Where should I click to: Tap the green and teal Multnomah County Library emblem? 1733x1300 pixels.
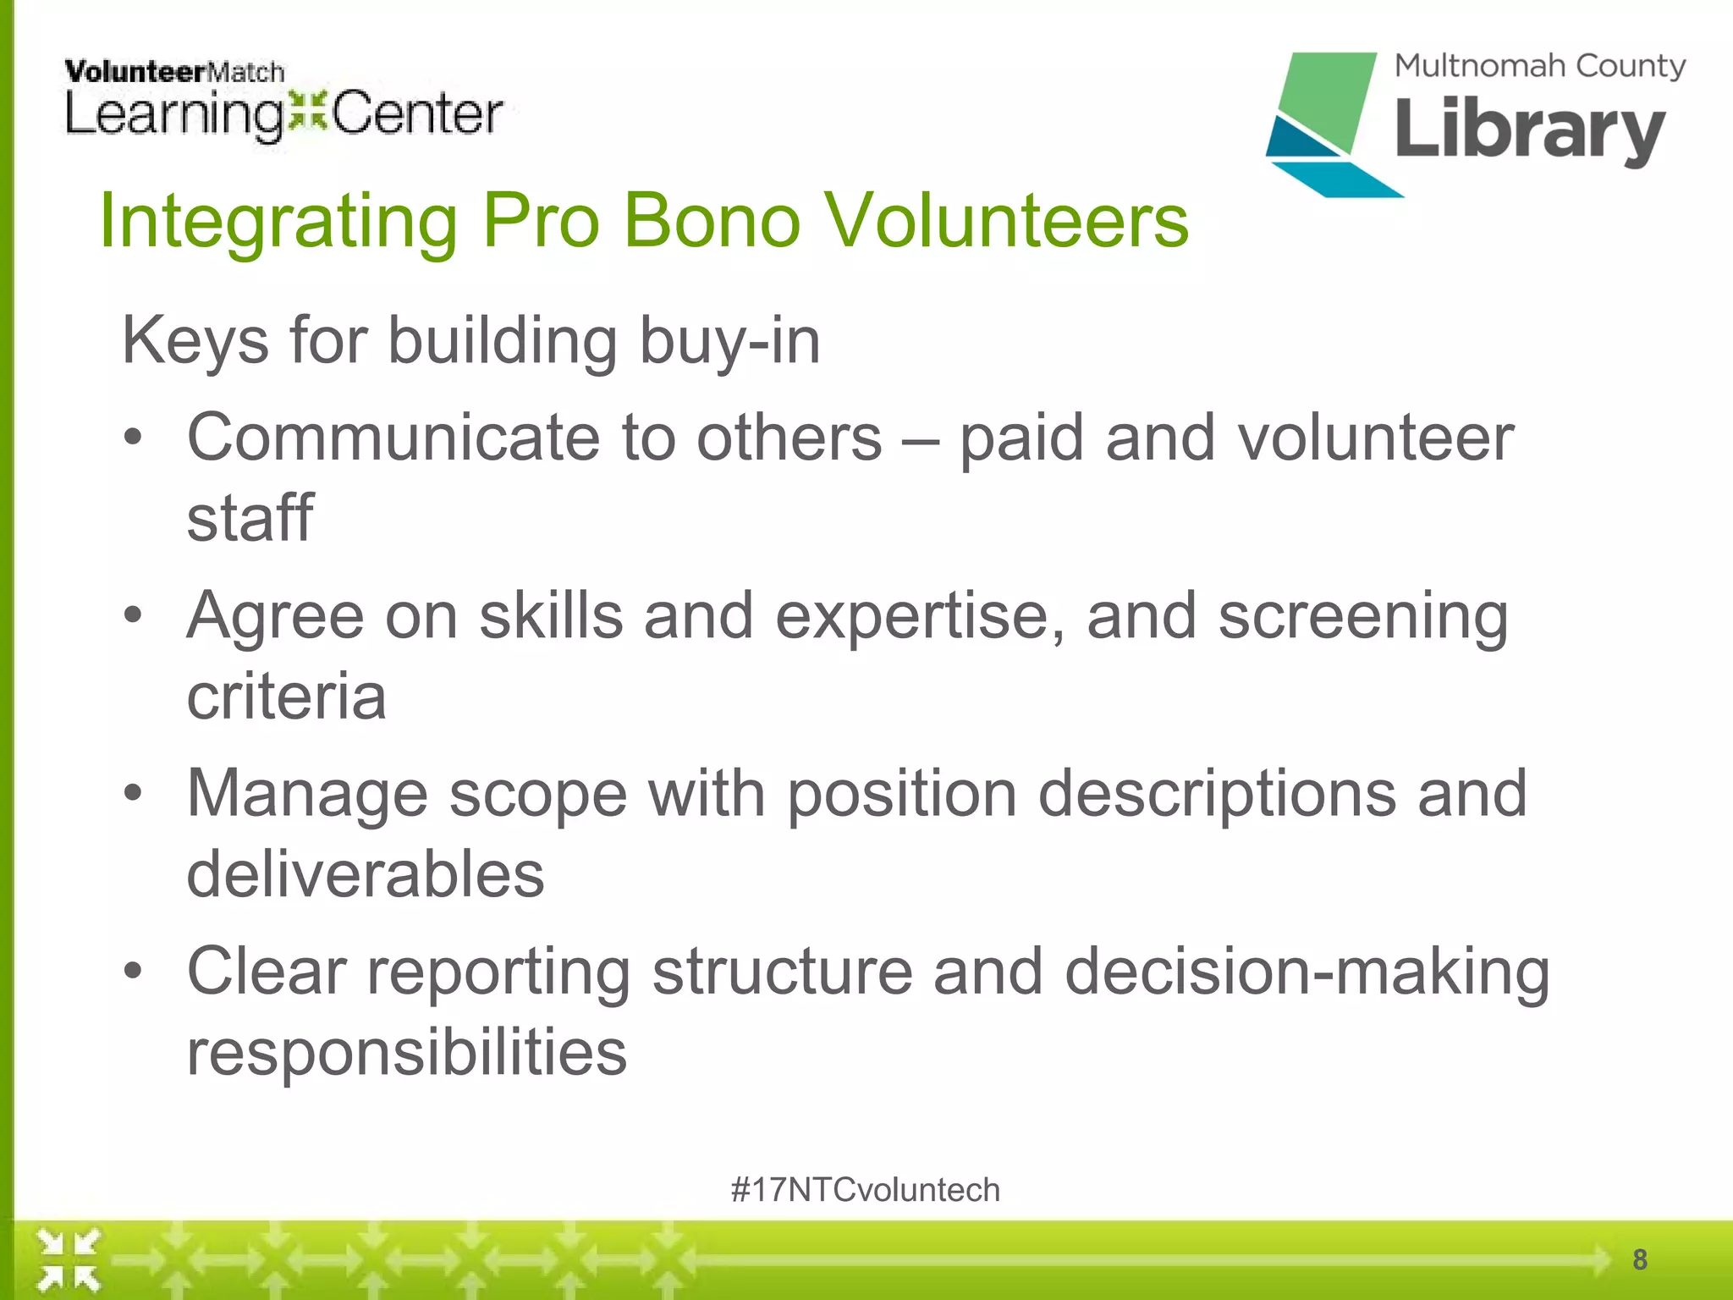tap(1324, 123)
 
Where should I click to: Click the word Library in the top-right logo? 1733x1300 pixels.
tap(1530, 131)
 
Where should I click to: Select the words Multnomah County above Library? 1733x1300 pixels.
tap(1539, 66)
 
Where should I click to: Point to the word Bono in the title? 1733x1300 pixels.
tap(711, 222)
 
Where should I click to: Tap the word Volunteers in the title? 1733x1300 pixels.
tap(1006, 222)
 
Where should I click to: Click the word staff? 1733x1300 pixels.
tap(250, 518)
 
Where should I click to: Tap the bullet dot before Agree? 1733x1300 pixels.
tap(133, 615)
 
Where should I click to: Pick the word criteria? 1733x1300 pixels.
tap(286, 697)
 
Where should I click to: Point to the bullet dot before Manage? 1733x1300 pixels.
tap(133, 794)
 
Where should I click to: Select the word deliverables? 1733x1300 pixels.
tap(365, 875)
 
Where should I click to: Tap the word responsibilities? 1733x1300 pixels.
tap(406, 1053)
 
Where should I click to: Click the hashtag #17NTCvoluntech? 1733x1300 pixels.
tap(865, 1190)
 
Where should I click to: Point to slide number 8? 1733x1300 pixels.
tap(1639, 1259)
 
